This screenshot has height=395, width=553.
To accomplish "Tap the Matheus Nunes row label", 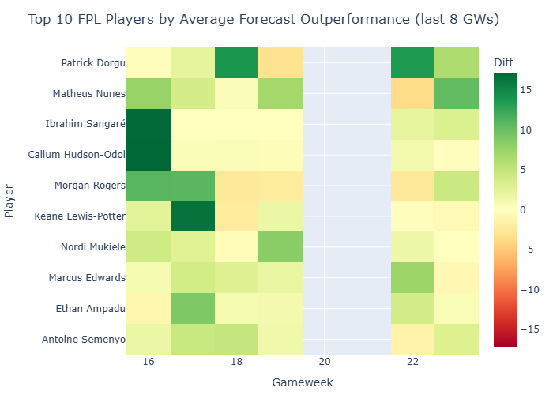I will (x=88, y=94).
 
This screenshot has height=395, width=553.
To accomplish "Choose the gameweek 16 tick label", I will (x=148, y=361).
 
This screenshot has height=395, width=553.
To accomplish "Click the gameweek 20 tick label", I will (x=325, y=361).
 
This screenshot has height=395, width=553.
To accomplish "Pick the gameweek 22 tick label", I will (x=412, y=361).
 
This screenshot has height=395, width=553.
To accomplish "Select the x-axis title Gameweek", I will (x=302, y=382).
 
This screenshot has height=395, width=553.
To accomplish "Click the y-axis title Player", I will (x=9, y=201).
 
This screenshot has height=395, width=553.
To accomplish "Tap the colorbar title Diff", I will (x=502, y=62).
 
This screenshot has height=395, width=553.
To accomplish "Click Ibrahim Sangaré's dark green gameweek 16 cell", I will (x=148, y=125).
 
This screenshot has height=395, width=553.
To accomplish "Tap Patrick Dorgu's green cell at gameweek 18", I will (x=236, y=63).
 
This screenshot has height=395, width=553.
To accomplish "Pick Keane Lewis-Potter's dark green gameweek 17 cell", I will (x=192, y=216).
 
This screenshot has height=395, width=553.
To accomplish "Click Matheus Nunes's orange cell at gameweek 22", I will (x=412, y=94).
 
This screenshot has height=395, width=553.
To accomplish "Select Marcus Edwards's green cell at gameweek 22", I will (x=412, y=278).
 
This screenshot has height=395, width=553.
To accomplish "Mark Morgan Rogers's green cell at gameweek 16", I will (x=148, y=186).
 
